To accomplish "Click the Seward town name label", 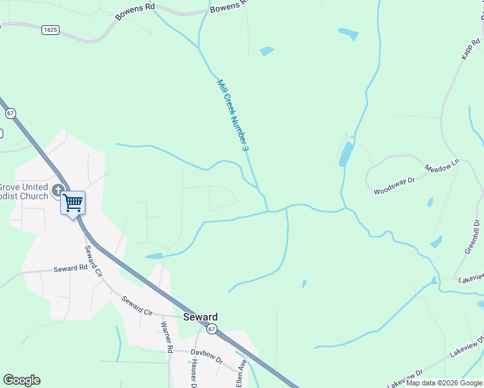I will click(x=200, y=317).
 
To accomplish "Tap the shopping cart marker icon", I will click(x=72, y=202).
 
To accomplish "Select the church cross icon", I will click(x=58, y=190).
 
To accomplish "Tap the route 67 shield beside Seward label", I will click(x=212, y=329).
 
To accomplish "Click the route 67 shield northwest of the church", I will click(x=10, y=113).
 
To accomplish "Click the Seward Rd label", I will click(x=70, y=268).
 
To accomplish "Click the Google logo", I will click(x=21, y=380).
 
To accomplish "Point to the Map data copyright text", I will click(x=444, y=383).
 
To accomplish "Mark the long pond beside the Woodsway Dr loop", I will click(x=347, y=154).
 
